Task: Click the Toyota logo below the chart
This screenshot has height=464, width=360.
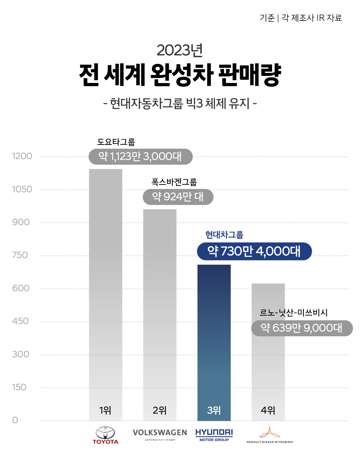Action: pos(105,435)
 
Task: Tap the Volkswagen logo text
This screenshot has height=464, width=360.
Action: pos(160,433)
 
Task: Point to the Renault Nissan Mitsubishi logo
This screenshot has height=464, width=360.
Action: pos(270,435)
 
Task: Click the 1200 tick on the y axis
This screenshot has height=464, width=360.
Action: pos(22,156)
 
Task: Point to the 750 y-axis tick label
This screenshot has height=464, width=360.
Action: pos(20,255)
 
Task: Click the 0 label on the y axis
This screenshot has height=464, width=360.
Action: pos(15,420)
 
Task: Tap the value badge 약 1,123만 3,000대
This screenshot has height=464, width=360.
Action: pos(140,156)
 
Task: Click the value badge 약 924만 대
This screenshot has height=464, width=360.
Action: pos(178,197)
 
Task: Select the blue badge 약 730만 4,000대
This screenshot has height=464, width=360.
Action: pos(254,251)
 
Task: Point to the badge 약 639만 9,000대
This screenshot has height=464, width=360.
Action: pos(302,328)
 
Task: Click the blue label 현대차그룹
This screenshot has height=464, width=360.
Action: pos(224,235)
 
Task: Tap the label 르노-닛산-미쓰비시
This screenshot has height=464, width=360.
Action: pos(293,313)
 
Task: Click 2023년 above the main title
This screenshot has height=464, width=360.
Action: pos(179,50)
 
